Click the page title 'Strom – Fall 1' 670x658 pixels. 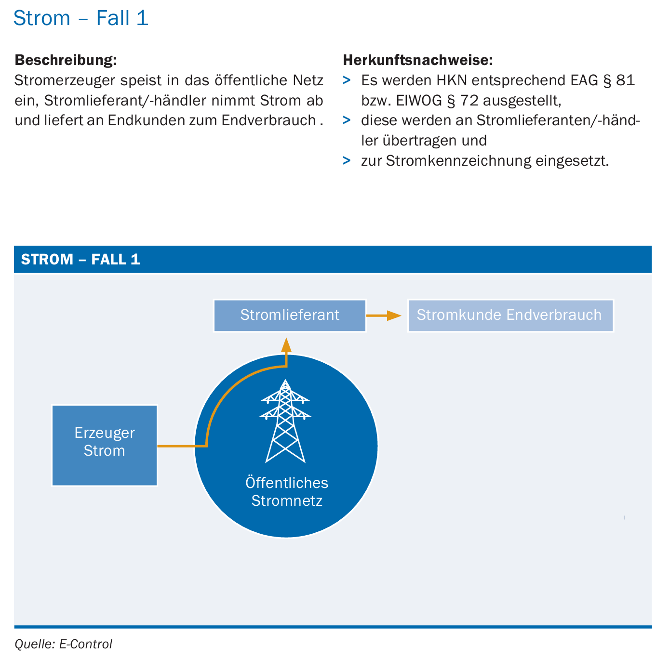click(x=80, y=18)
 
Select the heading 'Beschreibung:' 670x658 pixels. click(x=66, y=60)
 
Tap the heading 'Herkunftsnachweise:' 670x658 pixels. click(x=417, y=60)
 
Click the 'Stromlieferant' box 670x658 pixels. click(x=290, y=315)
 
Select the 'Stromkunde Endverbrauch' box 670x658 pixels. click(x=510, y=315)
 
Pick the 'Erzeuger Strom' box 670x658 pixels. click(x=104, y=445)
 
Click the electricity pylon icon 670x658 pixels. click(x=285, y=421)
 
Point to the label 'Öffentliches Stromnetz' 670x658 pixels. click(x=287, y=491)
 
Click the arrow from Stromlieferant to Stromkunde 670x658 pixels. click(x=384, y=316)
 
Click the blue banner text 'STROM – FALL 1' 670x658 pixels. click(x=80, y=259)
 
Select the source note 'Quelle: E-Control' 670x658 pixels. click(x=63, y=644)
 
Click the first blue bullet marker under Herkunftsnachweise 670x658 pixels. click(x=347, y=80)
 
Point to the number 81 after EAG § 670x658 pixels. click(x=625, y=80)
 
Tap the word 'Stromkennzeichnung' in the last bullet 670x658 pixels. click(x=458, y=161)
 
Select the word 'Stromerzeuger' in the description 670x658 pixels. click(x=60, y=80)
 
